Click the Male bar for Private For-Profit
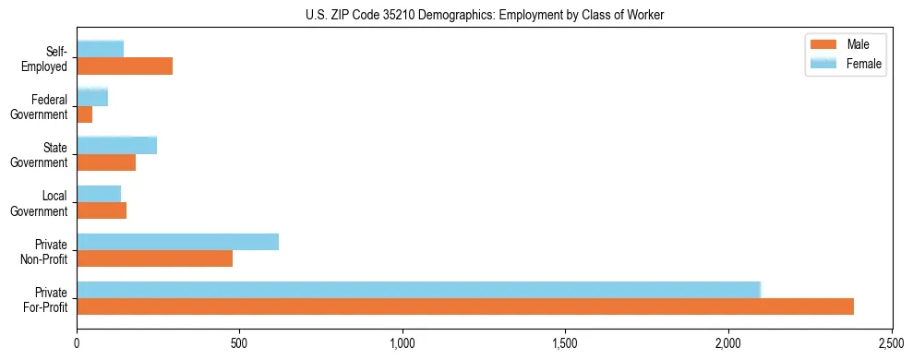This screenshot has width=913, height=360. [465, 306]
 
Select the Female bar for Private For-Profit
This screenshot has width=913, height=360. [418, 290]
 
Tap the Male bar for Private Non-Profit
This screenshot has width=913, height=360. [155, 258]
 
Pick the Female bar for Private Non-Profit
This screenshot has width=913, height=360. [178, 242]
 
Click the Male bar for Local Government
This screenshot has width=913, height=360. [102, 210]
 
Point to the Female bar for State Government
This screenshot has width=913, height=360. [117, 146]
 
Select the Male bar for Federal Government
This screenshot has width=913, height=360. [85, 114]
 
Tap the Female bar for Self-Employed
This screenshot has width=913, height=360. [101, 50]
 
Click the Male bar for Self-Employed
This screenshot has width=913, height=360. [125, 66]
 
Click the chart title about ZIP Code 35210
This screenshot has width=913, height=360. [485, 15]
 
